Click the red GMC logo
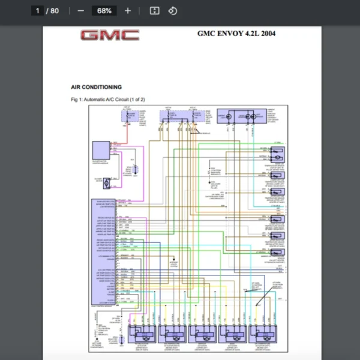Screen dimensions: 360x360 coord(110,35)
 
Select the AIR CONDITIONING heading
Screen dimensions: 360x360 coord(96,87)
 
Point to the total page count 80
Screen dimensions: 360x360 coord(55,11)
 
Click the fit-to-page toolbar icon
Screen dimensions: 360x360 coord(154,11)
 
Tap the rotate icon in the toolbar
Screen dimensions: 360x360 coord(172,11)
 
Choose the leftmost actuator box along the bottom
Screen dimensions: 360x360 coord(141,333)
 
